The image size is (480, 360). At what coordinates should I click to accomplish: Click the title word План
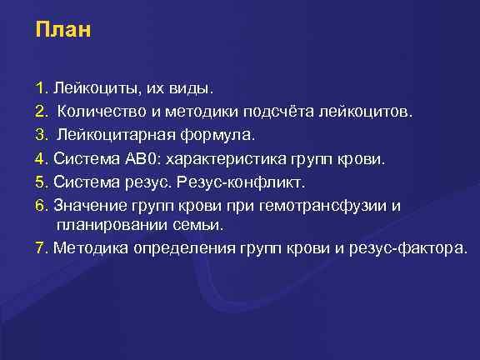[x=63, y=30]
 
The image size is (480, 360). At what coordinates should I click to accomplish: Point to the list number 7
[x=40, y=248]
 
